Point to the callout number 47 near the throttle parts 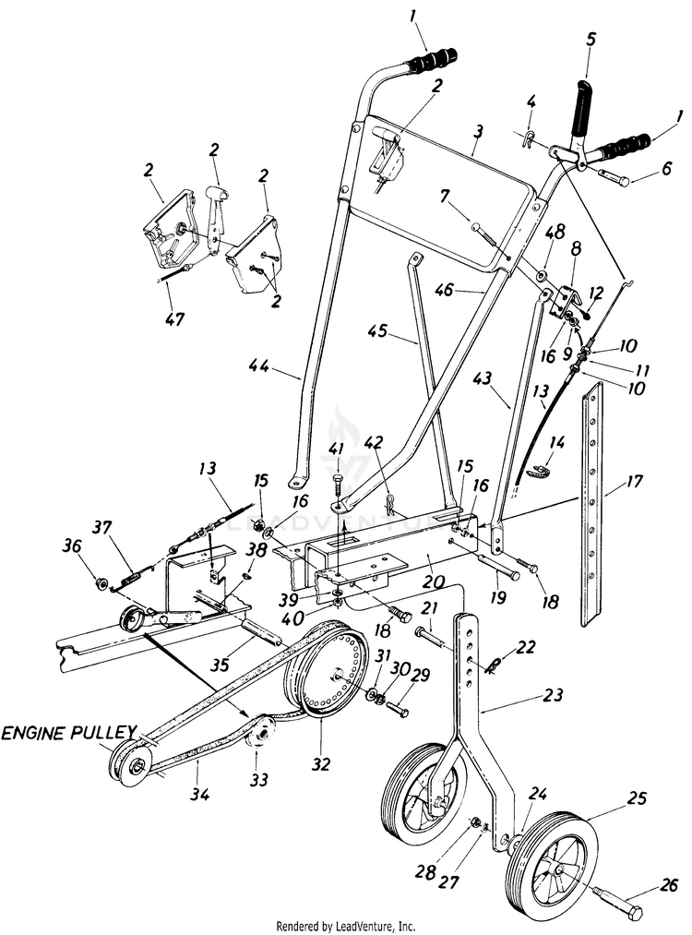174,320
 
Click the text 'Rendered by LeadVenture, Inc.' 346,925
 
